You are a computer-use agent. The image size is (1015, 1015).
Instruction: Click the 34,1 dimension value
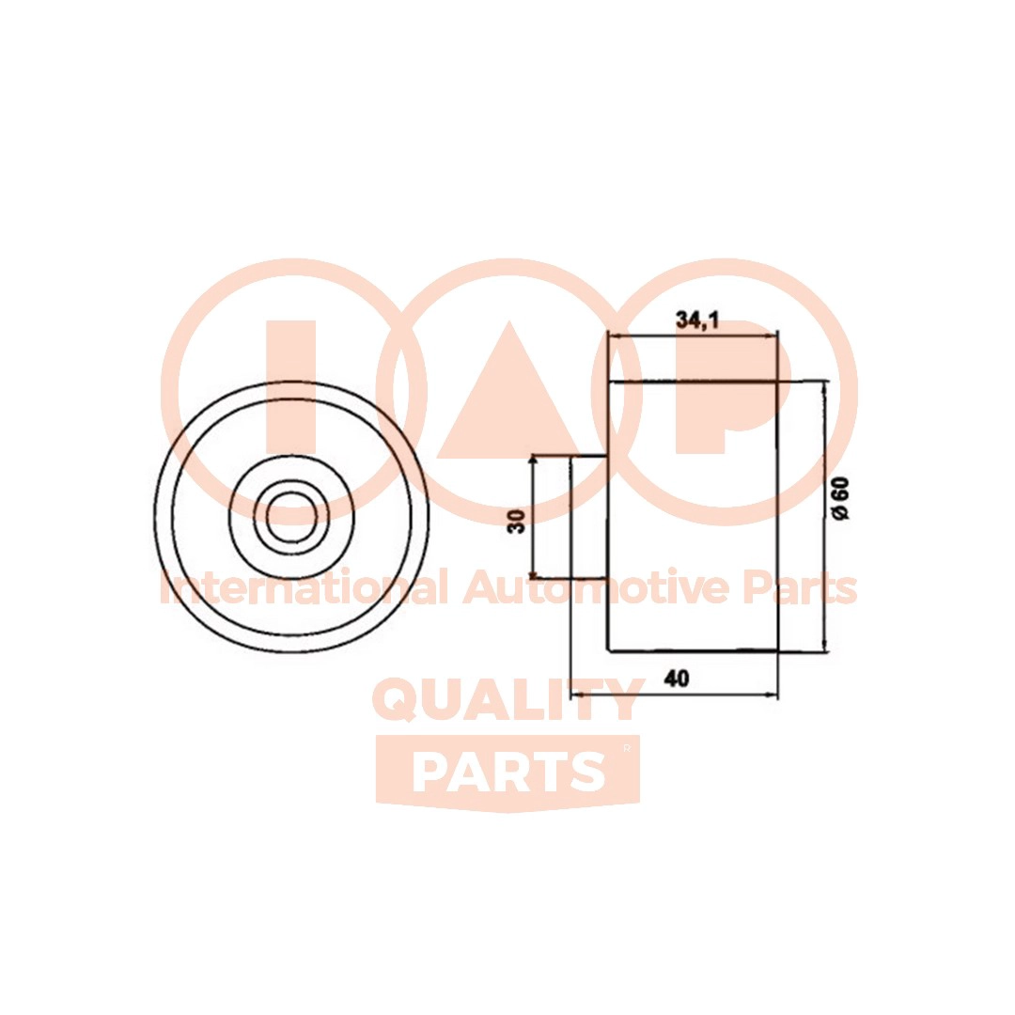[x=697, y=320]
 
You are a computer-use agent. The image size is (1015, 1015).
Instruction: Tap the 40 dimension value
[x=677, y=679]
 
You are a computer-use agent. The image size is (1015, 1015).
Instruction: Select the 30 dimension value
[x=517, y=521]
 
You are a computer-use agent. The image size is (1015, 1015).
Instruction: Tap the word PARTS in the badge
[x=508, y=773]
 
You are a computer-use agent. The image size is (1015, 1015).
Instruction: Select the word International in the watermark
[x=303, y=587]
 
